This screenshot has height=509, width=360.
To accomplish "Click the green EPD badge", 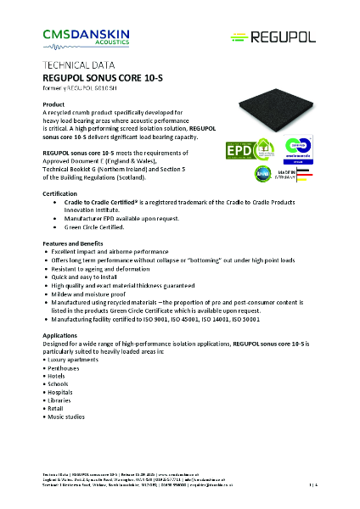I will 240,151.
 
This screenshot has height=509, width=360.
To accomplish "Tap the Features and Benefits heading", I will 77,243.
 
